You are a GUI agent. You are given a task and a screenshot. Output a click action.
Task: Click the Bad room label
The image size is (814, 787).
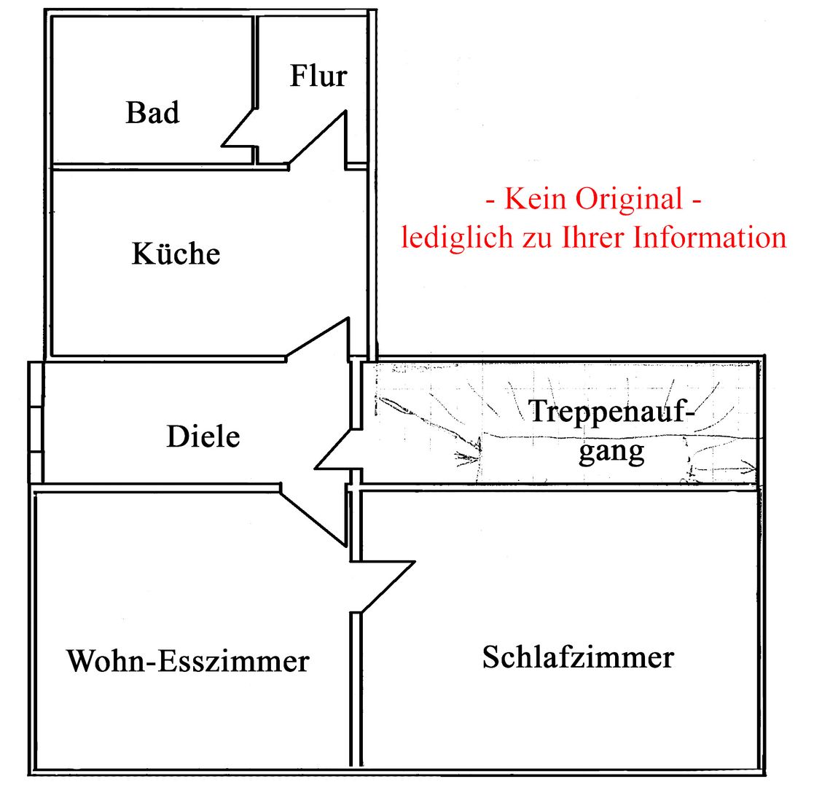tap(152, 113)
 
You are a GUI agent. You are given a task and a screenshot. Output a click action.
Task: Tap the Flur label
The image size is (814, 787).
tap(318, 76)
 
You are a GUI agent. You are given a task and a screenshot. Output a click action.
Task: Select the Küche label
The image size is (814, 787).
tap(176, 254)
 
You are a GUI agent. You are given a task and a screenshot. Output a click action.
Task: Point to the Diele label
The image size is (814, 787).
tap(203, 436)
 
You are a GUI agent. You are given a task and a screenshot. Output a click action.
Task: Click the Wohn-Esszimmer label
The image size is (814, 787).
tap(188, 662)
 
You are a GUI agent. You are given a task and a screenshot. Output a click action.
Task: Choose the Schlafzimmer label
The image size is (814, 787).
tap(578, 657)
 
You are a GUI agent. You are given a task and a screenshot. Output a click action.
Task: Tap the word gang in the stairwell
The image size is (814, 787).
tap(611, 452)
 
